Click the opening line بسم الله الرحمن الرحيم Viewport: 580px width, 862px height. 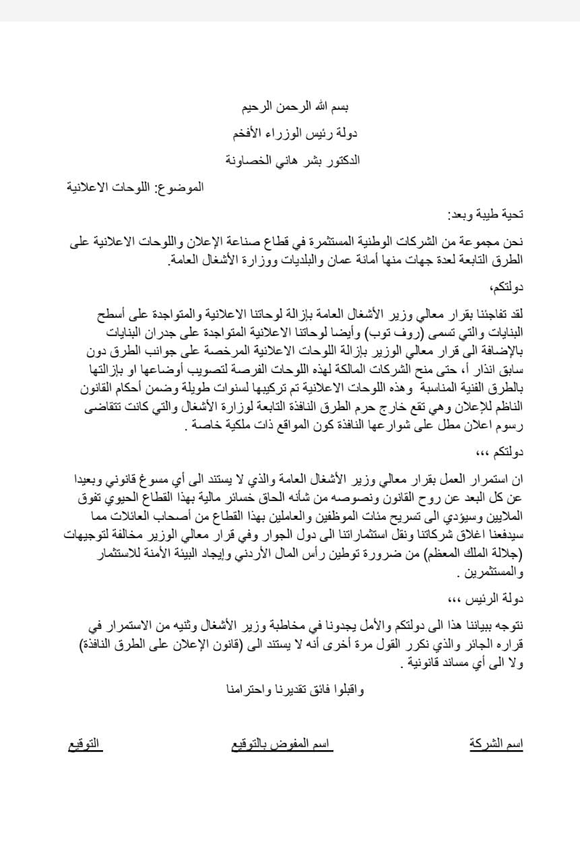(x=296, y=107)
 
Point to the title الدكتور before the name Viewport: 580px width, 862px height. (x=340, y=160)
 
